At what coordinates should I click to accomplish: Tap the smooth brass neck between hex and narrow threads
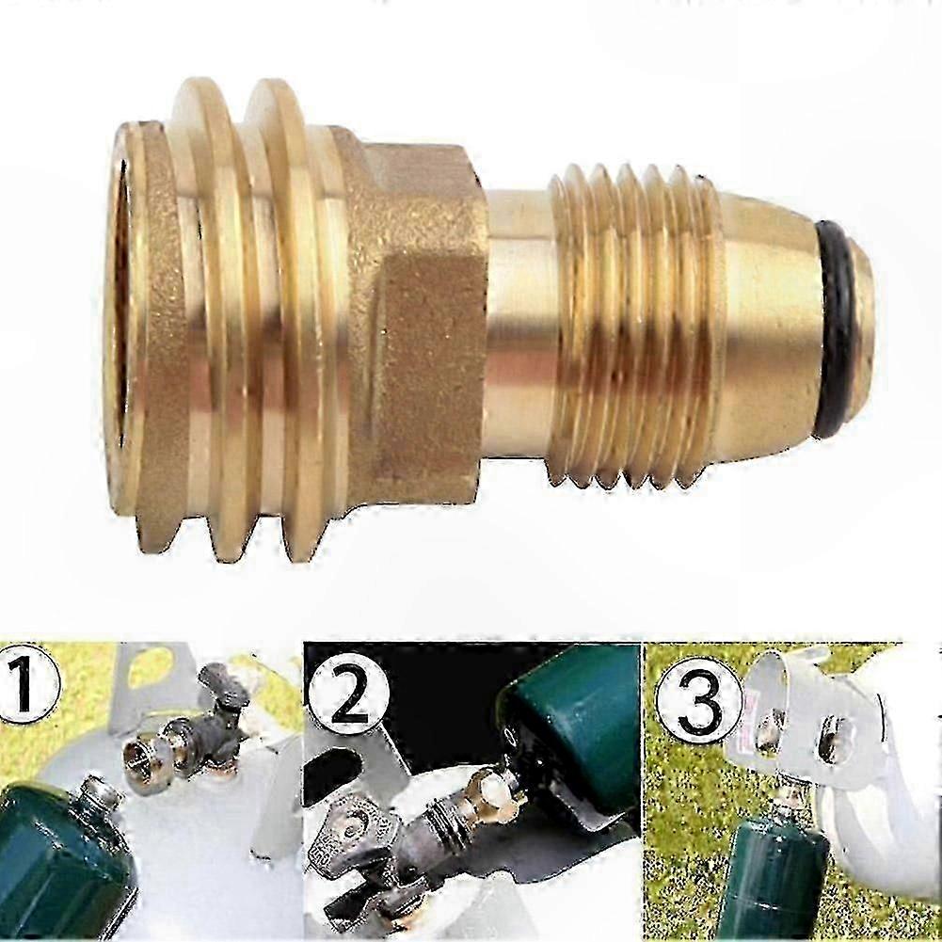[x=518, y=325]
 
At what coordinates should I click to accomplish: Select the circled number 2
[x=348, y=698]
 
